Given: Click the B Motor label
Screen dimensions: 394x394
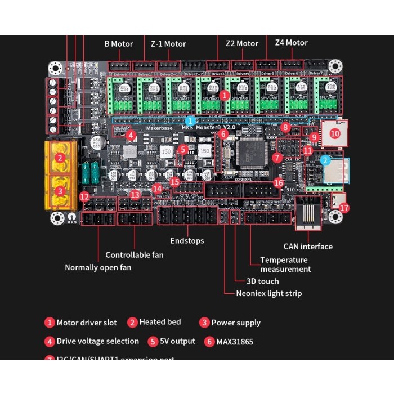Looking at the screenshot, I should click(118, 44).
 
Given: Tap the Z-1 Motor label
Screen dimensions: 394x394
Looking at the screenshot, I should click(168, 44).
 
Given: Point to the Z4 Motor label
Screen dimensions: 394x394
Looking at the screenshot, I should click(291, 43).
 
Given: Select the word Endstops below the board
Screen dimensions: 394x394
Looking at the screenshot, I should click(186, 241).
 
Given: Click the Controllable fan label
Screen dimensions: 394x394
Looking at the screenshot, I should click(135, 255).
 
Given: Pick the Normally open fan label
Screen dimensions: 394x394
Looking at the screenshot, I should click(98, 267).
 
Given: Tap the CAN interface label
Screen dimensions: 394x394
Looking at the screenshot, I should click(308, 247).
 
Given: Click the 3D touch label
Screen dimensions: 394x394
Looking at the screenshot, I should click(262, 281).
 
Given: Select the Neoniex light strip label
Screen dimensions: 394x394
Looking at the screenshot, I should click(268, 293).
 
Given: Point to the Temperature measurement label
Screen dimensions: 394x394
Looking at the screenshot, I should click(284, 265).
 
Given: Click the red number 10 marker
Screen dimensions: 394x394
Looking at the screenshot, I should click(335, 133).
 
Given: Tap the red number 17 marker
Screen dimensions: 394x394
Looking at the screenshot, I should click(344, 208).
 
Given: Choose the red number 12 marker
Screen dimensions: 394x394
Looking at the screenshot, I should click(84, 196).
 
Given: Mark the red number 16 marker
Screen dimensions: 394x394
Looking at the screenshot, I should click(278, 182).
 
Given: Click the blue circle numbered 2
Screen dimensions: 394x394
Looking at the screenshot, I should click(325, 160).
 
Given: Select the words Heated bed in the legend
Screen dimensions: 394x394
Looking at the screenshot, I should click(160, 322).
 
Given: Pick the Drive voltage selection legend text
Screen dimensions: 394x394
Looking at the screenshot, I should click(97, 341).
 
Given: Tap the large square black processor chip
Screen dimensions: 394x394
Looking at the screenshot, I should click(251, 152).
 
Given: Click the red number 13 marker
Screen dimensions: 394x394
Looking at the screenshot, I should click(135, 194).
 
